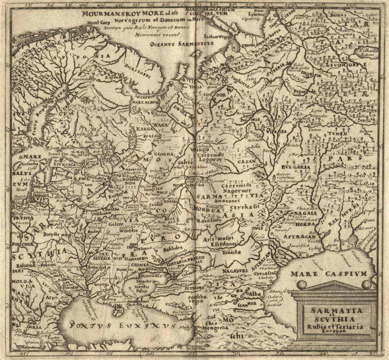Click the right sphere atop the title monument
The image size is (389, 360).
click(366, 285)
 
